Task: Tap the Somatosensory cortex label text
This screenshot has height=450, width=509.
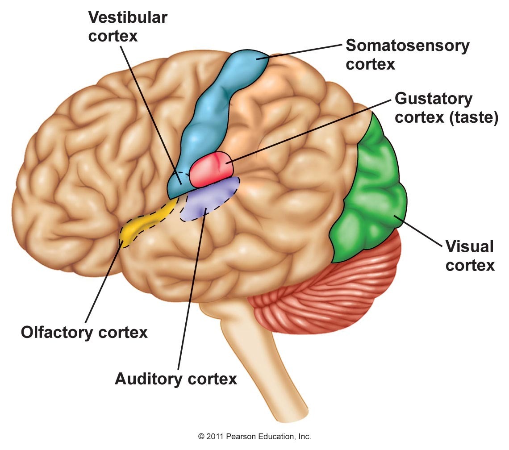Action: click(x=407, y=54)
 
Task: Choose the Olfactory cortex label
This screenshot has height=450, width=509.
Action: click(x=84, y=332)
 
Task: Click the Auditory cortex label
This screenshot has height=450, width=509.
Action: click(x=175, y=379)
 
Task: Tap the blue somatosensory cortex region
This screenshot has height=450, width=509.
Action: click(x=210, y=116)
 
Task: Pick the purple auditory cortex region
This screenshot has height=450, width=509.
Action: click(x=208, y=201)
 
